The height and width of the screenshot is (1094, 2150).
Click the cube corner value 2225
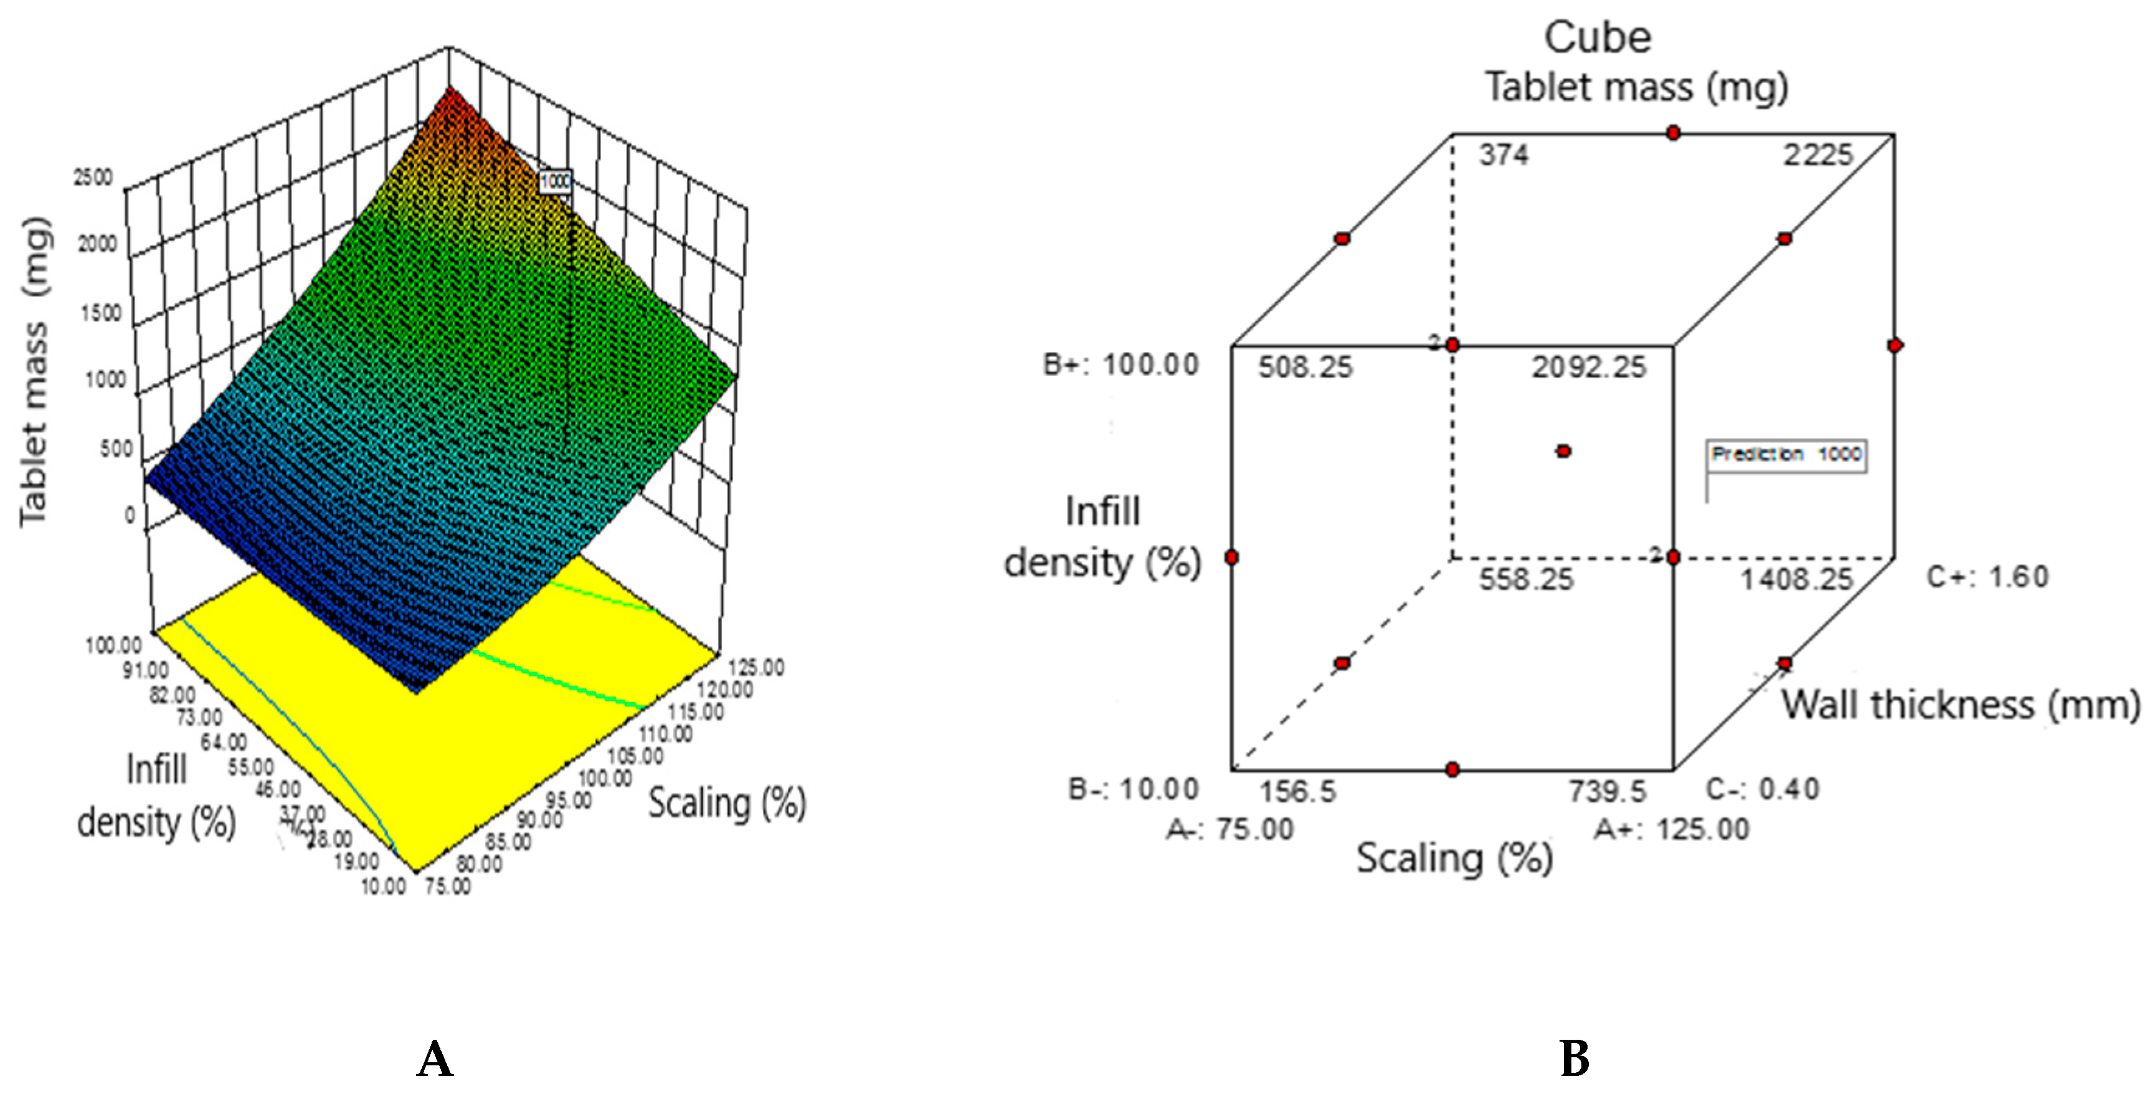(1818, 155)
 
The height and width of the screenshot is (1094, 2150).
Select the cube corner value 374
(1504, 155)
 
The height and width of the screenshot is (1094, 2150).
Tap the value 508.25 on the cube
(1305, 368)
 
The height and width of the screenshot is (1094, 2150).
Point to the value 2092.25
(1588, 368)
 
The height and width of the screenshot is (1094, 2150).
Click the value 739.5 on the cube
(1607, 791)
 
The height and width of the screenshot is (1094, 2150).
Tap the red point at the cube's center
(1563, 451)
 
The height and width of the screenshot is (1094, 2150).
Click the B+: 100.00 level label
(1121, 365)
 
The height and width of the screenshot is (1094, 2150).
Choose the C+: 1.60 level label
(1987, 577)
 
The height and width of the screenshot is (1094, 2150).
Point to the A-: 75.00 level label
(1229, 829)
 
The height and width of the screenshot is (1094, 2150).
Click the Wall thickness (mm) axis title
(1961, 705)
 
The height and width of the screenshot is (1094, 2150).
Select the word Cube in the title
(1598, 37)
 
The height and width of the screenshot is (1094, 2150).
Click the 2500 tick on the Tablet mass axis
(93, 177)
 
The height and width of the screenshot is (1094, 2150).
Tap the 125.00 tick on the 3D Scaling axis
(756, 667)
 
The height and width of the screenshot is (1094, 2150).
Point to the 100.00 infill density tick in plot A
(113, 645)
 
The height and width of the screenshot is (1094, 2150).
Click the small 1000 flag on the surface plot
(555, 181)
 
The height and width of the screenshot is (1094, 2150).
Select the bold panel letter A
(435, 1059)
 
